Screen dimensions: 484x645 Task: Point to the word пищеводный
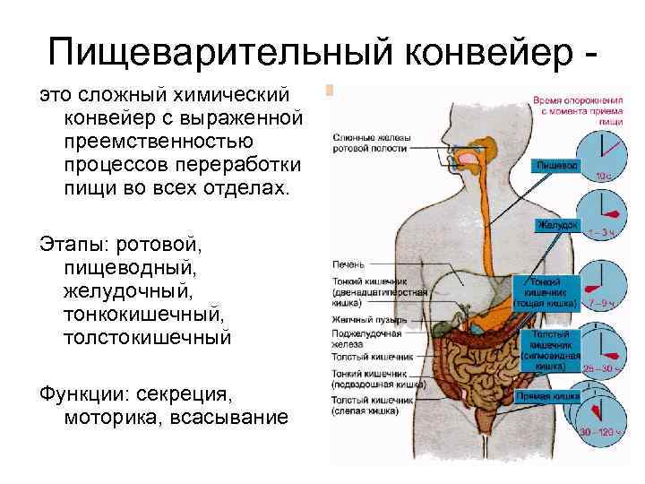(x=131, y=267)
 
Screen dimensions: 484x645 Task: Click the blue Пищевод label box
(x=557, y=166)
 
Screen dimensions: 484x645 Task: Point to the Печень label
(x=348, y=265)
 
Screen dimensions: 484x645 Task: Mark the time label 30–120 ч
(x=597, y=432)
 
